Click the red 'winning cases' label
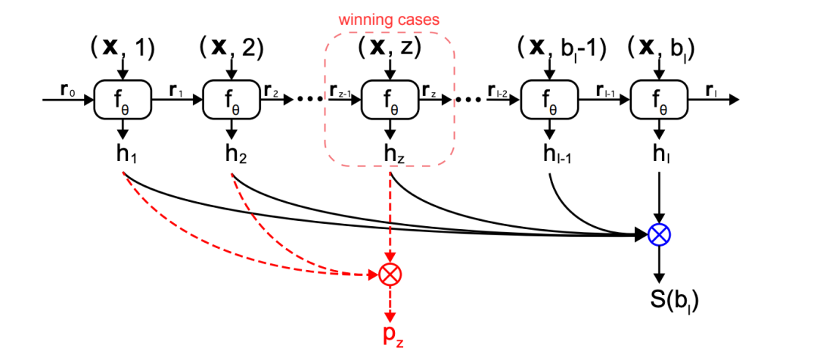click(x=389, y=19)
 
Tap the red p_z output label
click(x=390, y=334)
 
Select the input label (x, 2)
click(x=231, y=48)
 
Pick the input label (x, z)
click(x=390, y=48)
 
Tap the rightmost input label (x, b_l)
click(x=661, y=48)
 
